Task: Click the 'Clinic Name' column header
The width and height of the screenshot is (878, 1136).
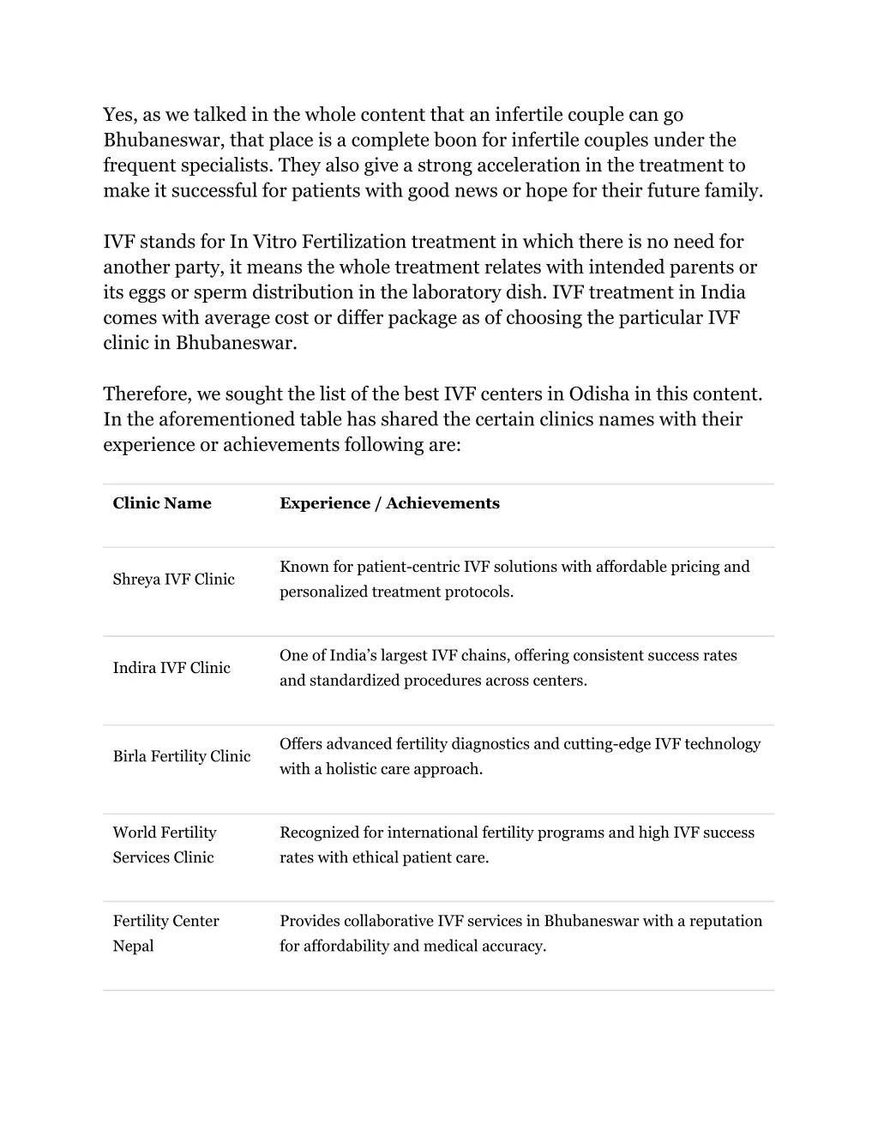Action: click(162, 503)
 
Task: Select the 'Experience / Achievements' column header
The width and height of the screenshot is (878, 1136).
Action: click(389, 503)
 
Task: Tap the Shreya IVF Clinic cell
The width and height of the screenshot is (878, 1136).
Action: click(173, 580)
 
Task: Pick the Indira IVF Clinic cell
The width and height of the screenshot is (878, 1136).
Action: click(171, 668)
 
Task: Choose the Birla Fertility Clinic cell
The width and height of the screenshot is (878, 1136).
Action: click(182, 756)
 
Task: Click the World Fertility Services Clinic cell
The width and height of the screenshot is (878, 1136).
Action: click(165, 844)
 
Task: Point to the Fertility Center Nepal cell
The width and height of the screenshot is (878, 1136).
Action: click(165, 933)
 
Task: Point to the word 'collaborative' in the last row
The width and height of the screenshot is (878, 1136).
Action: click(388, 921)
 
